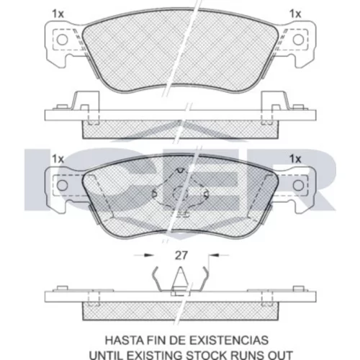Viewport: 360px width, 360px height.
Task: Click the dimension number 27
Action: tap(181, 256)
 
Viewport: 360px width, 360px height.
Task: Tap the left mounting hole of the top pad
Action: tap(62, 40)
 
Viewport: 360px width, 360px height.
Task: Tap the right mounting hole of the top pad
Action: tap(298, 40)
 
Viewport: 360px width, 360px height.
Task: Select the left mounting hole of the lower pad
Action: tap(62, 185)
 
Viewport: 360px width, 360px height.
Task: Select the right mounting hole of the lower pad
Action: tap(298, 185)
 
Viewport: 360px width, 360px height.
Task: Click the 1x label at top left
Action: tap(58, 14)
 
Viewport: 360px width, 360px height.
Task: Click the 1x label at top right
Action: tap(295, 14)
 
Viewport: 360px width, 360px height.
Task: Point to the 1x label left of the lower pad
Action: tap(58, 159)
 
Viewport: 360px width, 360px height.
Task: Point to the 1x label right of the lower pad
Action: tap(295, 159)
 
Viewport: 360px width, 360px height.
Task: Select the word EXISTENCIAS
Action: tap(229, 340)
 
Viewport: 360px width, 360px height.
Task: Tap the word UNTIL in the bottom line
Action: tap(104, 355)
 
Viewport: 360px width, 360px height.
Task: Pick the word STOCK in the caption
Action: tap(207, 355)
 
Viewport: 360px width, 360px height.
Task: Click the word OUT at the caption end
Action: tap(281, 355)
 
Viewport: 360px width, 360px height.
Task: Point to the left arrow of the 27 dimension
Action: tap(143, 255)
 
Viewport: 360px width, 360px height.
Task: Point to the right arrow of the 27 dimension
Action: tap(219, 255)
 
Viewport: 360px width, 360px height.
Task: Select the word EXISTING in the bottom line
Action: tap(153, 355)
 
